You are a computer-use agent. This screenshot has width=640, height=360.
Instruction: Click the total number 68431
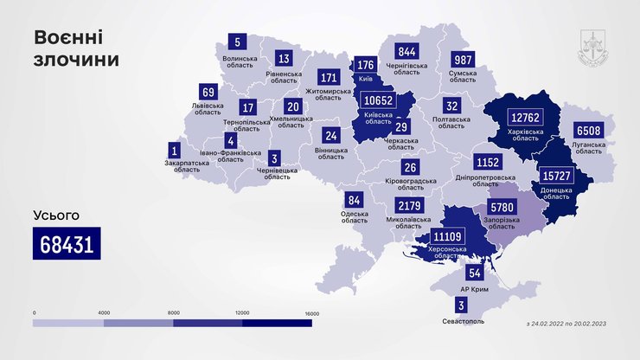click(67, 244)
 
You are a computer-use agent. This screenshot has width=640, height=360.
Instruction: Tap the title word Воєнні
click(70, 36)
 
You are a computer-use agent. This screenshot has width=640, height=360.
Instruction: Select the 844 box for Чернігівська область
click(408, 53)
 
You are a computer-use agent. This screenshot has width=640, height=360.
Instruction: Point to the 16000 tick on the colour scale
click(312, 312)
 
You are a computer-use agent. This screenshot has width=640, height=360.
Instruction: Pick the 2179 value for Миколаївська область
click(408, 206)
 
